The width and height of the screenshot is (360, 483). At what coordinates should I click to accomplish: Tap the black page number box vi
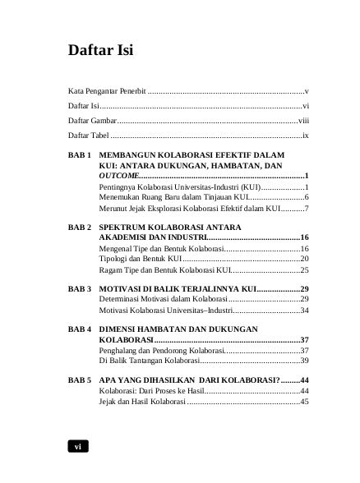(77, 446)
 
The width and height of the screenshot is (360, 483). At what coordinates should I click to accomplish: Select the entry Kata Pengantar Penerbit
(107, 89)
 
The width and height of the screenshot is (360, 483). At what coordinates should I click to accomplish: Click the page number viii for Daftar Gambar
(302, 120)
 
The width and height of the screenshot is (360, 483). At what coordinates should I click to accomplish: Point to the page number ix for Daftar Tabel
(304, 135)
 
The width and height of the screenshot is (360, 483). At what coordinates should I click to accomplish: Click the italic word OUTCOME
(119, 176)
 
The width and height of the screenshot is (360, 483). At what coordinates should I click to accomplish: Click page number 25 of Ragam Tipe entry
(303, 269)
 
